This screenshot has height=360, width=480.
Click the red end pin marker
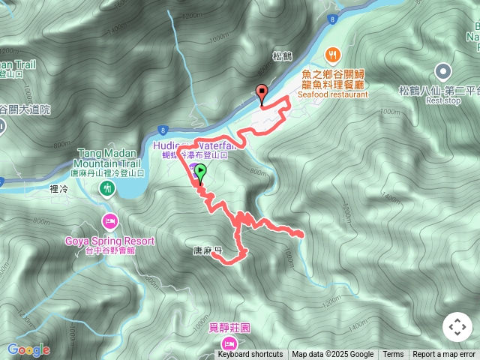262,94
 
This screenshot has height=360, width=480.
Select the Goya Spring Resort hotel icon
109,222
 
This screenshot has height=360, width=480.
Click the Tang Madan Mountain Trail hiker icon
108,187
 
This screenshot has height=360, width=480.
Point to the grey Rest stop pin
443,72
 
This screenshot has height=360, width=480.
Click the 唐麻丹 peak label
206,251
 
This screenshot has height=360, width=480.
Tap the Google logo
28,349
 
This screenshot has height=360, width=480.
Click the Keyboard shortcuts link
250,355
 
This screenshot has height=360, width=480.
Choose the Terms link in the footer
393,355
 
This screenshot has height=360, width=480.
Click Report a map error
444,355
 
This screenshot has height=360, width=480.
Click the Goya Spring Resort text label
109,241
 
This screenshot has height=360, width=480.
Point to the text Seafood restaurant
333,95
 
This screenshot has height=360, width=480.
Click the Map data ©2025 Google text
332,355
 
